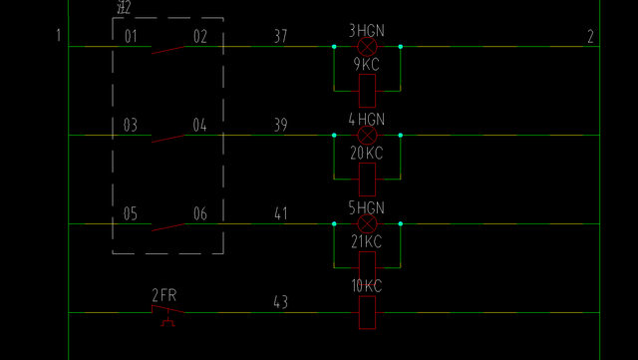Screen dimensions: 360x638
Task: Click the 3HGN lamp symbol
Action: click(367, 46)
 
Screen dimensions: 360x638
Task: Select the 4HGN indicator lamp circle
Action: click(367, 135)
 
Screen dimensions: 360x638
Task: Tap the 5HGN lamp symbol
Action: click(367, 224)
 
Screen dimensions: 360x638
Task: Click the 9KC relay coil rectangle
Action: click(367, 91)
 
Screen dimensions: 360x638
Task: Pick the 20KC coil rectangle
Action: click(367, 180)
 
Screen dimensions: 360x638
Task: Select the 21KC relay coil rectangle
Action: click(367, 268)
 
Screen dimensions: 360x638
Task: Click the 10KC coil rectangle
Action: click(367, 312)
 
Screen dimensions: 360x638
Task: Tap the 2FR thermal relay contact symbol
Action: click(167, 313)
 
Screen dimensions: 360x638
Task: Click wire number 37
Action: click(280, 37)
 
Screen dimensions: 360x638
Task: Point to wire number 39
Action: click(280, 126)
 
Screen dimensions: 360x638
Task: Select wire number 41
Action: click(280, 214)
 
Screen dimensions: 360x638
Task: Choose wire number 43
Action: click(280, 302)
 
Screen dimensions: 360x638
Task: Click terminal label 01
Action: click(131, 37)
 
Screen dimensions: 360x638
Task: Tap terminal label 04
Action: click(200, 126)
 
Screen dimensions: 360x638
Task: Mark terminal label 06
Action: click(200, 214)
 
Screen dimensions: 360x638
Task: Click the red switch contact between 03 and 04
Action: click(167, 138)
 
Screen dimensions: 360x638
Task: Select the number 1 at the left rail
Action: click(58, 37)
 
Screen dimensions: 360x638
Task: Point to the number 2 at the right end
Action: click(590, 37)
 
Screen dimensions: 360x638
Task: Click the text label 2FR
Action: click(163, 295)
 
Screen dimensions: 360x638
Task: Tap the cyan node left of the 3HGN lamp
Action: click(334, 46)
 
